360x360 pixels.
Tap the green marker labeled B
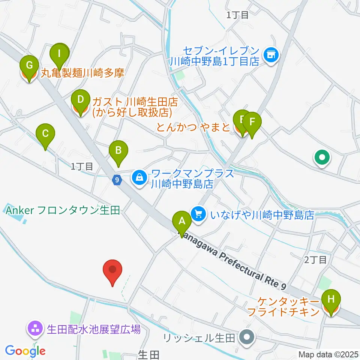(x=118, y=151)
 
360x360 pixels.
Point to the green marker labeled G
(x=28, y=66)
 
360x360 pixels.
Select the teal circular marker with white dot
(x=322, y=157)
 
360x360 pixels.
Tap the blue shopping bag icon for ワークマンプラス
(x=139, y=177)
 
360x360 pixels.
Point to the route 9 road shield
(x=117, y=180)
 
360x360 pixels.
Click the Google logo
(x=25, y=351)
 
